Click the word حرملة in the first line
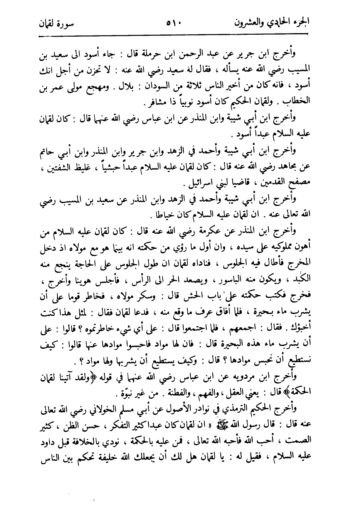(x=155, y=54)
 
